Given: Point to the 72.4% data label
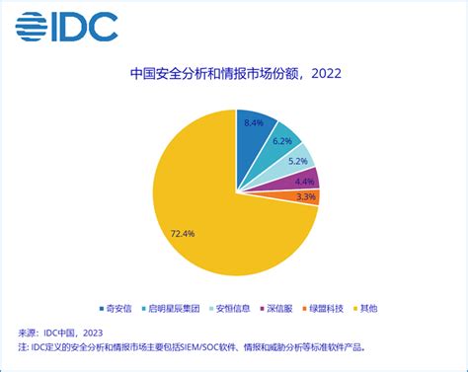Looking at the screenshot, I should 183,234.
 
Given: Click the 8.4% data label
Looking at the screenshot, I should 254,123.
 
